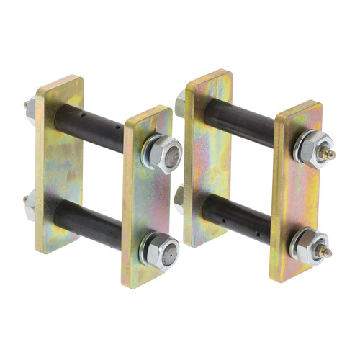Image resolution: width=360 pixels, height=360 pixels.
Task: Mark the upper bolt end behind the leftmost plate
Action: pos(30,108)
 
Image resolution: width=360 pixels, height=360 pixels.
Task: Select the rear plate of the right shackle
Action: pos(208,158)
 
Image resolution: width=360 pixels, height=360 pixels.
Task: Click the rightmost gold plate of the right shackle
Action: pos(296,191)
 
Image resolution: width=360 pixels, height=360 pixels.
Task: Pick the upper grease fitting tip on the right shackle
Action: pos(332,154)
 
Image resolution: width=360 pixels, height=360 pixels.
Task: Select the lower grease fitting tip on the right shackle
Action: pos(328,251)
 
